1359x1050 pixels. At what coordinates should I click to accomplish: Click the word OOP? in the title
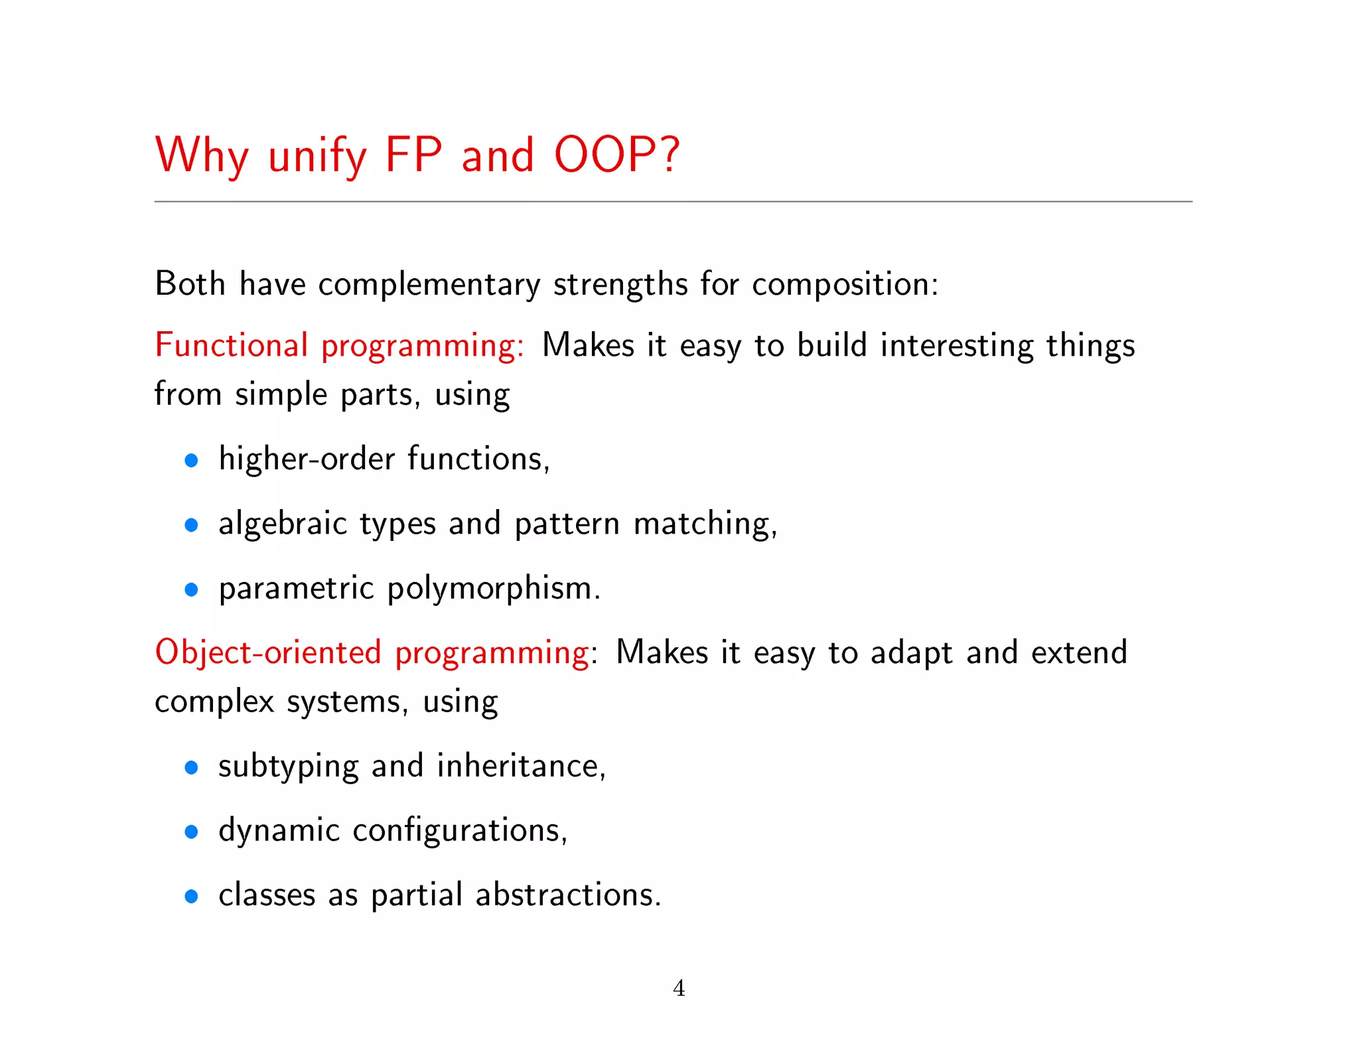[x=616, y=155]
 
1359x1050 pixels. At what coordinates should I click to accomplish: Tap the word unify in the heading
[x=317, y=157]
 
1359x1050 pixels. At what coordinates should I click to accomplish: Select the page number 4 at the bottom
[x=679, y=988]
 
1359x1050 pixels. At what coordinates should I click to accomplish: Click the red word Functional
[x=231, y=345]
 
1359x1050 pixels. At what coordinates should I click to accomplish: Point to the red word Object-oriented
[x=268, y=652]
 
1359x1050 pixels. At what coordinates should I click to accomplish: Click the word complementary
[x=429, y=285]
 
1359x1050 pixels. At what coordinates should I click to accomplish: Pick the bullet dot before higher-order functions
[x=192, y=461]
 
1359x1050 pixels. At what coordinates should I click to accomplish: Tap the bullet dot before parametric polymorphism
[x=192, y=589]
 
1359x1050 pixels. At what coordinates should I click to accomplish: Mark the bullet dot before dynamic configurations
[x=192, y=832]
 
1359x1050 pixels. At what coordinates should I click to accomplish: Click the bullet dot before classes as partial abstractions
[x=192, y=897]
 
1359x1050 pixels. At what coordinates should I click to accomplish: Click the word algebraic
[x=283, y=524]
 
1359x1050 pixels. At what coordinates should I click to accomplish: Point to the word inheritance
[x=521, y=766]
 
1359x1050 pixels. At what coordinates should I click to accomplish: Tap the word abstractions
[x=568, y=895]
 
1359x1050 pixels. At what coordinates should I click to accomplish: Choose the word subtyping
[x=288, y=767]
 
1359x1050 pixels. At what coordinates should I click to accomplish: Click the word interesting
[x=956, y=346]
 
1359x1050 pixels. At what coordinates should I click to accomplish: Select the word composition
[x=845, y=285]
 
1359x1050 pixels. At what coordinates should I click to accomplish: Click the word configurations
[x=459, y=831]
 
